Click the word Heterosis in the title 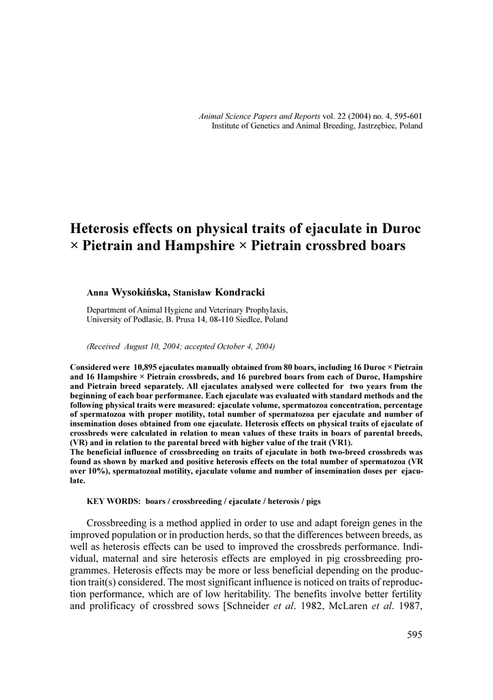[103, 226]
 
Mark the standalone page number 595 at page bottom [414, 635]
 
